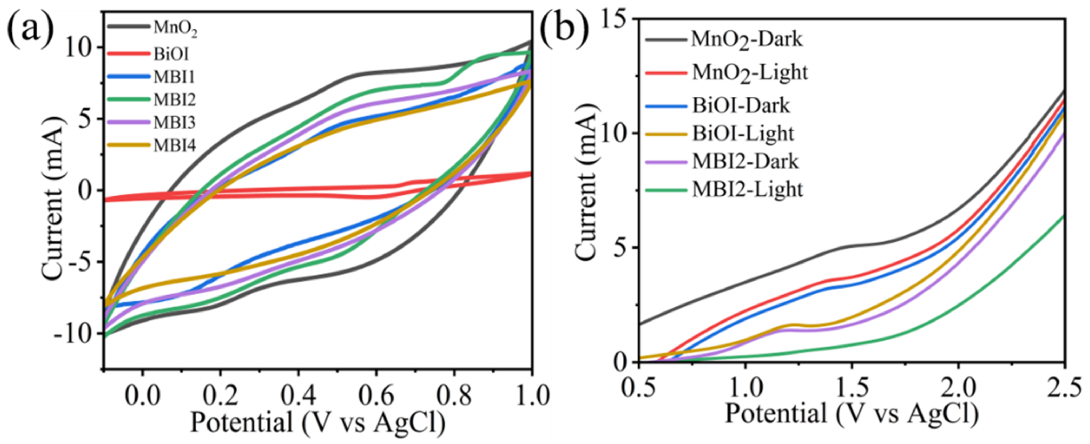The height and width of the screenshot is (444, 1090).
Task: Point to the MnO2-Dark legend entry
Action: coord(747,40)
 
